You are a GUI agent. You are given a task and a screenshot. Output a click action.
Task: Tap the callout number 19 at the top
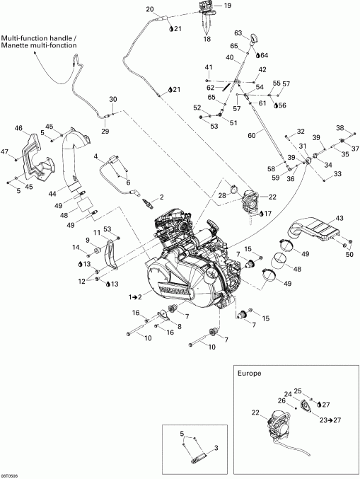coord(228,6)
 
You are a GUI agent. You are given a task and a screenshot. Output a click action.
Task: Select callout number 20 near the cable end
coord(149,8)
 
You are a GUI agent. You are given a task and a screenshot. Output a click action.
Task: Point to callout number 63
coord(238,33)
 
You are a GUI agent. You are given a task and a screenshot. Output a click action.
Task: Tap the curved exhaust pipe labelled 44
coord(73,159)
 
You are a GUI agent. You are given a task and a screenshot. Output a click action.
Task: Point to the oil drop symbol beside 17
coord(261,212)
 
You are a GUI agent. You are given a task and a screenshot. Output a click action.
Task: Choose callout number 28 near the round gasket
coord(221,195)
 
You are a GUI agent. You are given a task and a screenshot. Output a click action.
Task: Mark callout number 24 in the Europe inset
coord(288,394)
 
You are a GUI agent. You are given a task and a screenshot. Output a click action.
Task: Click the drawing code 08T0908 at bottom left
coord(11,475)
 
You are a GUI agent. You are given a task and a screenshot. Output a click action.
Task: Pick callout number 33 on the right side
coord(337,174)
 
